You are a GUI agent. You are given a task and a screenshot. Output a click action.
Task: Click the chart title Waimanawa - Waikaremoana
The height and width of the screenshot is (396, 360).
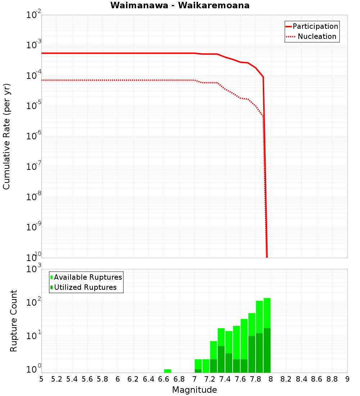(x=180, y=5)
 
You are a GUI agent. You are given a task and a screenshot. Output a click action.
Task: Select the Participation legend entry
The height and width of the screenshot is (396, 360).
(x=315, y=26)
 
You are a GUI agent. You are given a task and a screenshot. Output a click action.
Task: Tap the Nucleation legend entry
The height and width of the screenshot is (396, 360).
(x=316, y=36)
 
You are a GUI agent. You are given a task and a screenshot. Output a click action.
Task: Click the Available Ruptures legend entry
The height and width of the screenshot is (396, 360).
(x=88, y=277)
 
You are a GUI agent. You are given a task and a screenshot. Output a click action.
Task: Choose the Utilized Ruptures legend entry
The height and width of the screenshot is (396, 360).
(x=85, y=287)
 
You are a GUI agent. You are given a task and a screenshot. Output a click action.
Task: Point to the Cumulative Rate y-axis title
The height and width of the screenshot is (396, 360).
(x=6, y=136)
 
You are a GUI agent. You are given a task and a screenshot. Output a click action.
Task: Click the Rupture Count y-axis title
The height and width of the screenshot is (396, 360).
(x=14, y=321)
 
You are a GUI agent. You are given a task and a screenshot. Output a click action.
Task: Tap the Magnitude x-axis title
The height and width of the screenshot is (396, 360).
(x=194, y=390)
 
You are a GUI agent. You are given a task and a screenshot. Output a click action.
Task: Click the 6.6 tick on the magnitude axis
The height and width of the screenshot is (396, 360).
(x=164, y=379)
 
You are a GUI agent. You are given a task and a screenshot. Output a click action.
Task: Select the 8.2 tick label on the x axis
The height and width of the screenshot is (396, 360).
(x=286, y=379)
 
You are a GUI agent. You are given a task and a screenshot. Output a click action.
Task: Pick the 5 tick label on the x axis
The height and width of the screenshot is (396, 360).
(x=41, y=379)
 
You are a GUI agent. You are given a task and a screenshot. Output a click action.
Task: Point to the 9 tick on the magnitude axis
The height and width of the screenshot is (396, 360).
(x=347, y=379)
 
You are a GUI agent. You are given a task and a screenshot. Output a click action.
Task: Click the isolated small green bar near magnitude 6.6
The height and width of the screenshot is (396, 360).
(x=167, y=371)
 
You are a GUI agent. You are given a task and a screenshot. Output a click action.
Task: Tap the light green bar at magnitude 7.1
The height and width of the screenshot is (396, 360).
(x=206, y=366)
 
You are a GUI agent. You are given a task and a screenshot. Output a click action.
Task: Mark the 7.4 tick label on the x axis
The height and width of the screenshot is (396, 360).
(x=225, y=379)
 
